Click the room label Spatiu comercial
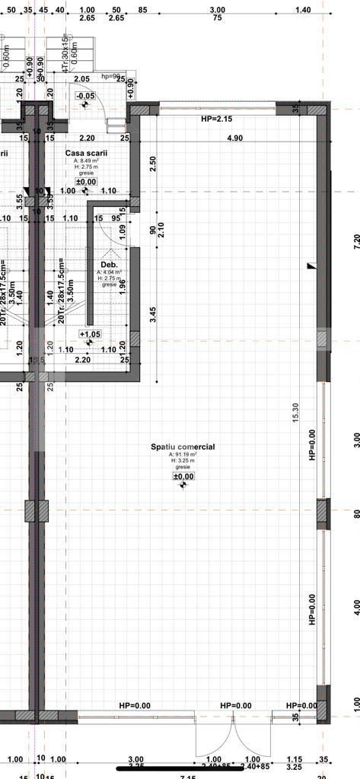click(182, 447)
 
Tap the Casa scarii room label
click(87, 153)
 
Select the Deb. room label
click(109, 264)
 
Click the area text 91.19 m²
click(183, 455)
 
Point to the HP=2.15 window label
click(216, 119)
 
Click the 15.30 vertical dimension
click(295, 413)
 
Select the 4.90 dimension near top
click(234, 138)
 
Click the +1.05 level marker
click(89, 334)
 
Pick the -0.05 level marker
click(84, 96)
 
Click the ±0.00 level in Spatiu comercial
click(183, 476)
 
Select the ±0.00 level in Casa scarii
click(87, 182)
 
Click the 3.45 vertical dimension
click(153, 316)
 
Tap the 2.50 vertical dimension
click(153, 164)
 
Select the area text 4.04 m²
click(110, 272)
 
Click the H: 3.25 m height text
click(183, 461)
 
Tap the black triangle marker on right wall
click(311, 266)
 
